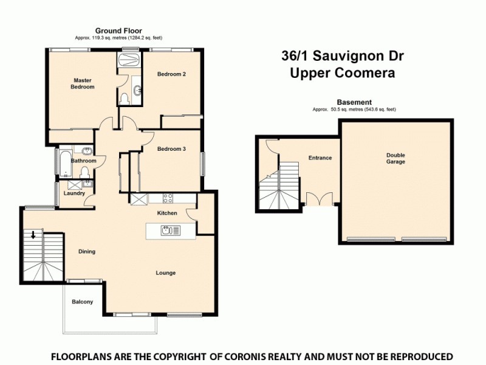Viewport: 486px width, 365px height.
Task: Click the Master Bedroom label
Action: click(84, 83)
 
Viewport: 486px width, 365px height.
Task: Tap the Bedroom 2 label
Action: click(171, 74)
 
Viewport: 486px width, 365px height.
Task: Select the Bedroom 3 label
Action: click(171, 149)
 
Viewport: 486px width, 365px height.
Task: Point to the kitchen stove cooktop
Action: click(168, 198)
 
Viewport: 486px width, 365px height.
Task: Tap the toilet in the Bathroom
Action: click(85, 171)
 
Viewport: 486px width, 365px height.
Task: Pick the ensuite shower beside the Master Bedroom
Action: click(128, 61)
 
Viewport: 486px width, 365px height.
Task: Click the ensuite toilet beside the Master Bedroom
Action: click(123, 97)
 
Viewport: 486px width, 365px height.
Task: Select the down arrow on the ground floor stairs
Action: click(33, 235)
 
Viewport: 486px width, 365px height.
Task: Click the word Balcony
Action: click(82, 302)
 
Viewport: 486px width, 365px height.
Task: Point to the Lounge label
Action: click(165, 273)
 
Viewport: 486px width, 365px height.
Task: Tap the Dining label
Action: click(87, 251)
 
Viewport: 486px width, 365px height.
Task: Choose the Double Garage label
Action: click(395, 158)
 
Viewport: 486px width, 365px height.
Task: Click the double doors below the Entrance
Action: click(319, 200)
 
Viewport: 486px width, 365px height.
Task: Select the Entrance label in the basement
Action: click(320, 158)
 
